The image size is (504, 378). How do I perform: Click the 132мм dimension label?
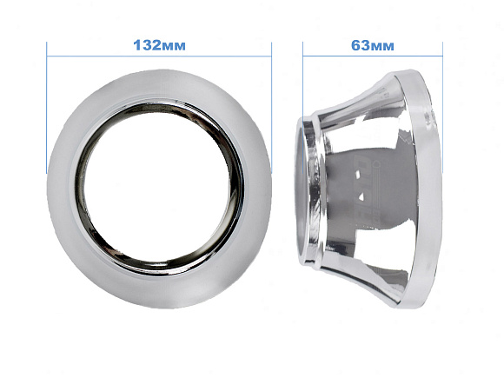coord(159,45)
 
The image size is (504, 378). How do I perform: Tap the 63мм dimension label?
coord(372,46)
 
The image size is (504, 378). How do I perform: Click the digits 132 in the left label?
coord(147,45)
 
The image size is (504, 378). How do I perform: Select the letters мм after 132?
coord(174,47)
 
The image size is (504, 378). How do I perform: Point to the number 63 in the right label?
coord(361,46)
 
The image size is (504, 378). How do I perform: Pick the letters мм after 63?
coord(382,47)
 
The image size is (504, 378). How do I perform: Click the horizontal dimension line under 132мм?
coord(159,56)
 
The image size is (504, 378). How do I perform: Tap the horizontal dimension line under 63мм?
coord(373,56)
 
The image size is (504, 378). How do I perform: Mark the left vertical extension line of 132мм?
coord(47,108)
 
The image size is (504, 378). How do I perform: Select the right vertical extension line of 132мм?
coord(272,108)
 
